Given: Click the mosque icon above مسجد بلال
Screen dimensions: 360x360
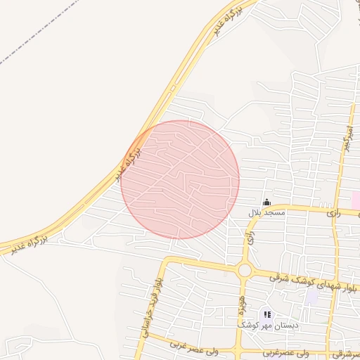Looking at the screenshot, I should [266, 202].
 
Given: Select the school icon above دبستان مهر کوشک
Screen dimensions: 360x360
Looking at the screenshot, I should [266, 315].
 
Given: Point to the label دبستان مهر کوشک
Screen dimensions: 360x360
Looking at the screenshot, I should [267, 326].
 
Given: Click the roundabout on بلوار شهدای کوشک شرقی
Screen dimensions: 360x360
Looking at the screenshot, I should [245, 270].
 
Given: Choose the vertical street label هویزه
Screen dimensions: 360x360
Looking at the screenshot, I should [240, 302].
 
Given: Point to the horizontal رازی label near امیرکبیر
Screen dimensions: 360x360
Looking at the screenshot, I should [333, 212].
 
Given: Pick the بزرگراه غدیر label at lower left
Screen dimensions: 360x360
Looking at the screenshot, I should [28, 244].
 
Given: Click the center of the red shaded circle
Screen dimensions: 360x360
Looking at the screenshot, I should [180, 180].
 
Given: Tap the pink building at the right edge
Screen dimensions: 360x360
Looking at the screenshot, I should [356, 199].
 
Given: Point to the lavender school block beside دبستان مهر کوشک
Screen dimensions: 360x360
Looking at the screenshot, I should [310, 296].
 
